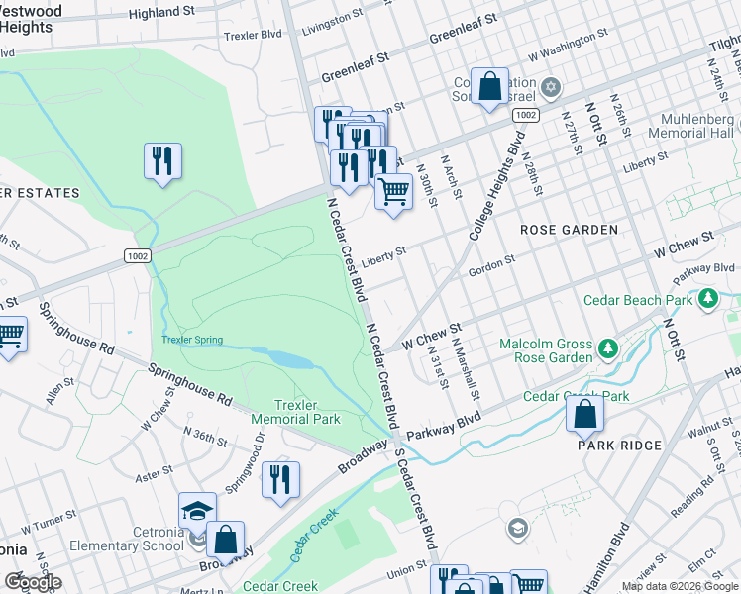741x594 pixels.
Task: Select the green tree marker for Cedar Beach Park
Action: (x=707, y=298)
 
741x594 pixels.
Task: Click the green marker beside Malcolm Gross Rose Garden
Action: (x=608, y=347)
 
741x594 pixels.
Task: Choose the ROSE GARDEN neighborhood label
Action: (x=569, y=229)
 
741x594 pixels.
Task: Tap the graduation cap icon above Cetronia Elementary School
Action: (x=197, y=511)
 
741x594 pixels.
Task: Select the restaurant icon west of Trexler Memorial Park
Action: (x=162, y=161)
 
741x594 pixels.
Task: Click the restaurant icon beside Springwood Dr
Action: (x=280, y=480)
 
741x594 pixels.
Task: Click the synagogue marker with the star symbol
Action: (x=551, y=88)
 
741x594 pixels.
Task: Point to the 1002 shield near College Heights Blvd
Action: (x=525, y=116)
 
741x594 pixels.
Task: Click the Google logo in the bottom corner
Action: (x=32, y=582)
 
